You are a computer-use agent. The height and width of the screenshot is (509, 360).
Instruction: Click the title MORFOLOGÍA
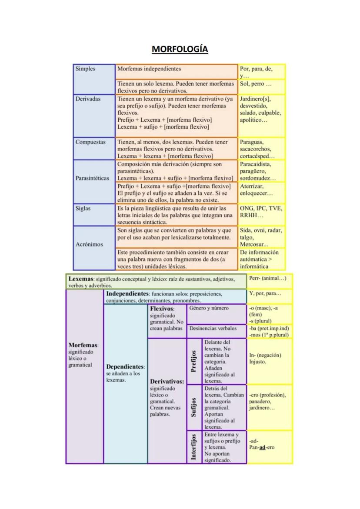180,49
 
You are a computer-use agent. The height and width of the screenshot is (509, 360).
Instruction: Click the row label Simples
85,69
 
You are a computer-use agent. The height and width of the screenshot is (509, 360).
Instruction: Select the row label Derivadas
88,99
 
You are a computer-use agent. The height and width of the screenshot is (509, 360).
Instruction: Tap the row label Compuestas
90,142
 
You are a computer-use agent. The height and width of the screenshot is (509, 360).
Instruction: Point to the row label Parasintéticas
94,178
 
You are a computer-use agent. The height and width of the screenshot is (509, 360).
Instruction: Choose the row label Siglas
83,208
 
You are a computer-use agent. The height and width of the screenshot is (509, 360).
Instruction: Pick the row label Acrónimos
89,244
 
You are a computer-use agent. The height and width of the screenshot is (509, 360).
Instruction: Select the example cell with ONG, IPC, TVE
261,212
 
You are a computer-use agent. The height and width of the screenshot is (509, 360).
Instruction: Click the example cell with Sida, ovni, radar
261,237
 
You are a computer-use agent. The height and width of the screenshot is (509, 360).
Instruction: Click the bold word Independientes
127,294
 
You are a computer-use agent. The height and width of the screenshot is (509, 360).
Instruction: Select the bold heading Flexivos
162,309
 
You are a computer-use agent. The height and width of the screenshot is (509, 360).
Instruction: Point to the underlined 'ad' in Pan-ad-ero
262,447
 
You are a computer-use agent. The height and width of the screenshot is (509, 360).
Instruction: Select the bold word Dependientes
125,367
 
